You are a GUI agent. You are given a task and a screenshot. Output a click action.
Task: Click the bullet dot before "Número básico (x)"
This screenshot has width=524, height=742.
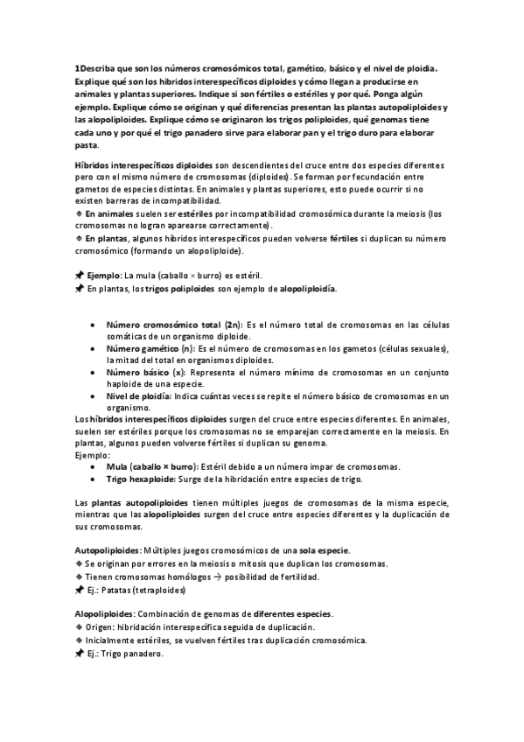click(x=93, y=373)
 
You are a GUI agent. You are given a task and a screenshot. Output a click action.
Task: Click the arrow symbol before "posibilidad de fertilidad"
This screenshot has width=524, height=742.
click(x=218, y=577)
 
